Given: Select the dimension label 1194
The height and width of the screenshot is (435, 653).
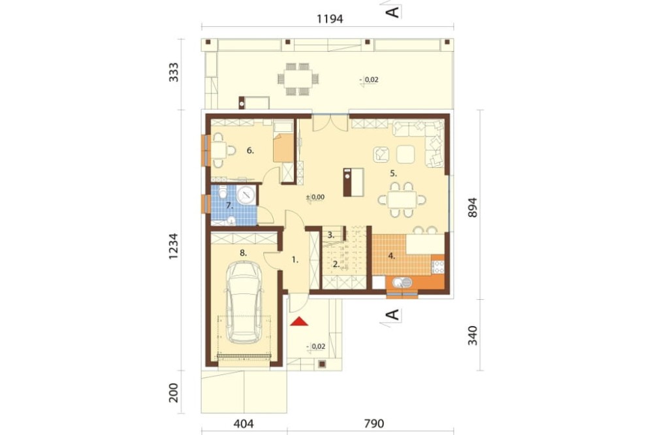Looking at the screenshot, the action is click(x=330, y=19).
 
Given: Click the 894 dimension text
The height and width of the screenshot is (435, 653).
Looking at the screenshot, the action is click(x=472, y=207).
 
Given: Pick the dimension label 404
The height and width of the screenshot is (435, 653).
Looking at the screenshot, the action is click(x=244, y=424).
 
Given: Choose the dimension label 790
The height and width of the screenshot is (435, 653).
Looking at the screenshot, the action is click(x=374, y=424).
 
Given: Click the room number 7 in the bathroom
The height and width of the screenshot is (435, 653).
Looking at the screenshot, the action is click(x=229, y=205).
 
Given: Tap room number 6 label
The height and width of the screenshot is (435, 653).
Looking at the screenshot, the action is click(x=250, y=150).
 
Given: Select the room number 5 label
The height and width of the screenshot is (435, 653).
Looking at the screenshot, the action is click(x=394, y=172).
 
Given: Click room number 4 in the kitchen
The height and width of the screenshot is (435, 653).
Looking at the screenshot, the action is click(x=391, y=256).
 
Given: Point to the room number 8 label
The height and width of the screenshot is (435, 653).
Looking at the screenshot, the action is click(x=244, y=253).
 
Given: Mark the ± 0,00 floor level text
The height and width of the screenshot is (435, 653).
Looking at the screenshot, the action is click(x=315, y=197).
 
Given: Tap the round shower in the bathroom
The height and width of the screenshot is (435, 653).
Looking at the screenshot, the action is click(x=246, y=194).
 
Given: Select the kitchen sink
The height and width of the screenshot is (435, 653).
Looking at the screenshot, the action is click(x=402, y=283).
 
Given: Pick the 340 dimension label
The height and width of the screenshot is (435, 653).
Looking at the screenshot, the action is click(x=472, y=336).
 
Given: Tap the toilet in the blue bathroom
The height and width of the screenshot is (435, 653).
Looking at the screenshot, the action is click(x=223, y=193).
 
